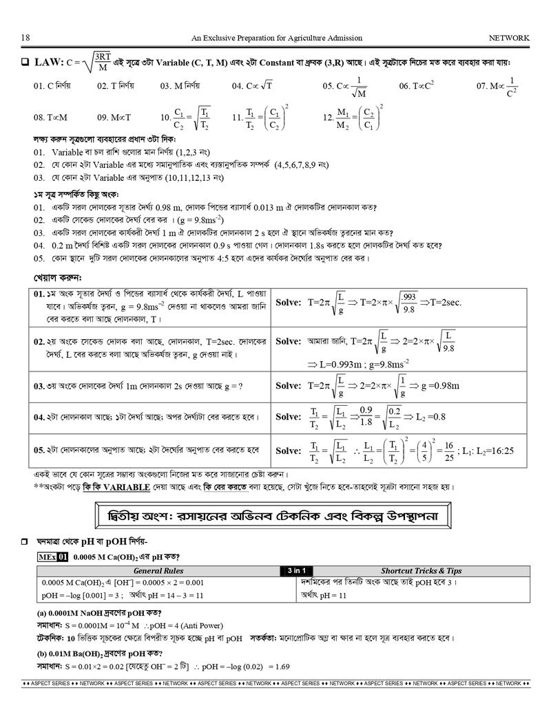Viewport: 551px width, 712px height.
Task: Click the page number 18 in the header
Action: coord(25,38)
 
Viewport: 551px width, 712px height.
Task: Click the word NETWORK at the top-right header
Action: coord(509,38)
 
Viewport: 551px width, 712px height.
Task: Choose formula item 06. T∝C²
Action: coord(416,86)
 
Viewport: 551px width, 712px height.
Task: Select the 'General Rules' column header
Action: coord(158,570)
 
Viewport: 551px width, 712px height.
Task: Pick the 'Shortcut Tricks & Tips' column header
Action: coord(422,570)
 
